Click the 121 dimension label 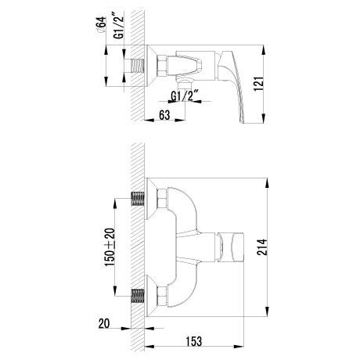(x=260, y=84)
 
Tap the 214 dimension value (x=261, y=247)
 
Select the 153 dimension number (x=194, y=340)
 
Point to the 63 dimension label (x=164, y=114)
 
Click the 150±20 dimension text (x=110, y=247)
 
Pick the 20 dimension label (x=104, y=323)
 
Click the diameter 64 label (x=101, y=24)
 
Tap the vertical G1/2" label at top (x=119, y=25)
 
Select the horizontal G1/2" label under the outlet (x=185, y=96)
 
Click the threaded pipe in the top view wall (x=137, y=66)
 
